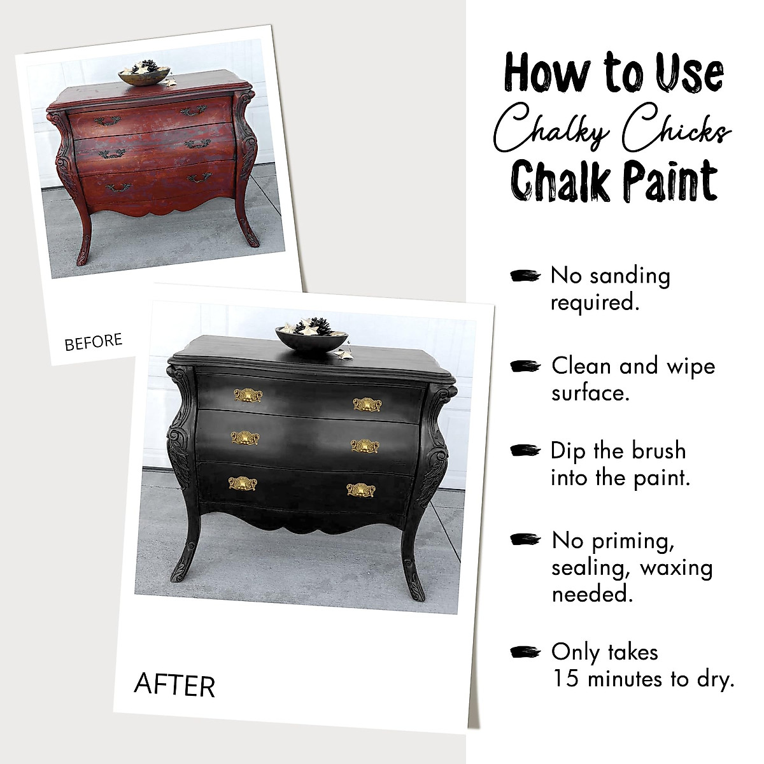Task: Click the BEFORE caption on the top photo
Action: (93, 342)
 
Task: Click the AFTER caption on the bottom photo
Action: (174, 685)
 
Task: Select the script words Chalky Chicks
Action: (613, 130)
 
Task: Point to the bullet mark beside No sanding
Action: (525, 275)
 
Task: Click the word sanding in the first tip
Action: (631, 276)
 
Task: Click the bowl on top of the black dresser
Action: (311, 337)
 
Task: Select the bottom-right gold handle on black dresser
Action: (360, 490)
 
